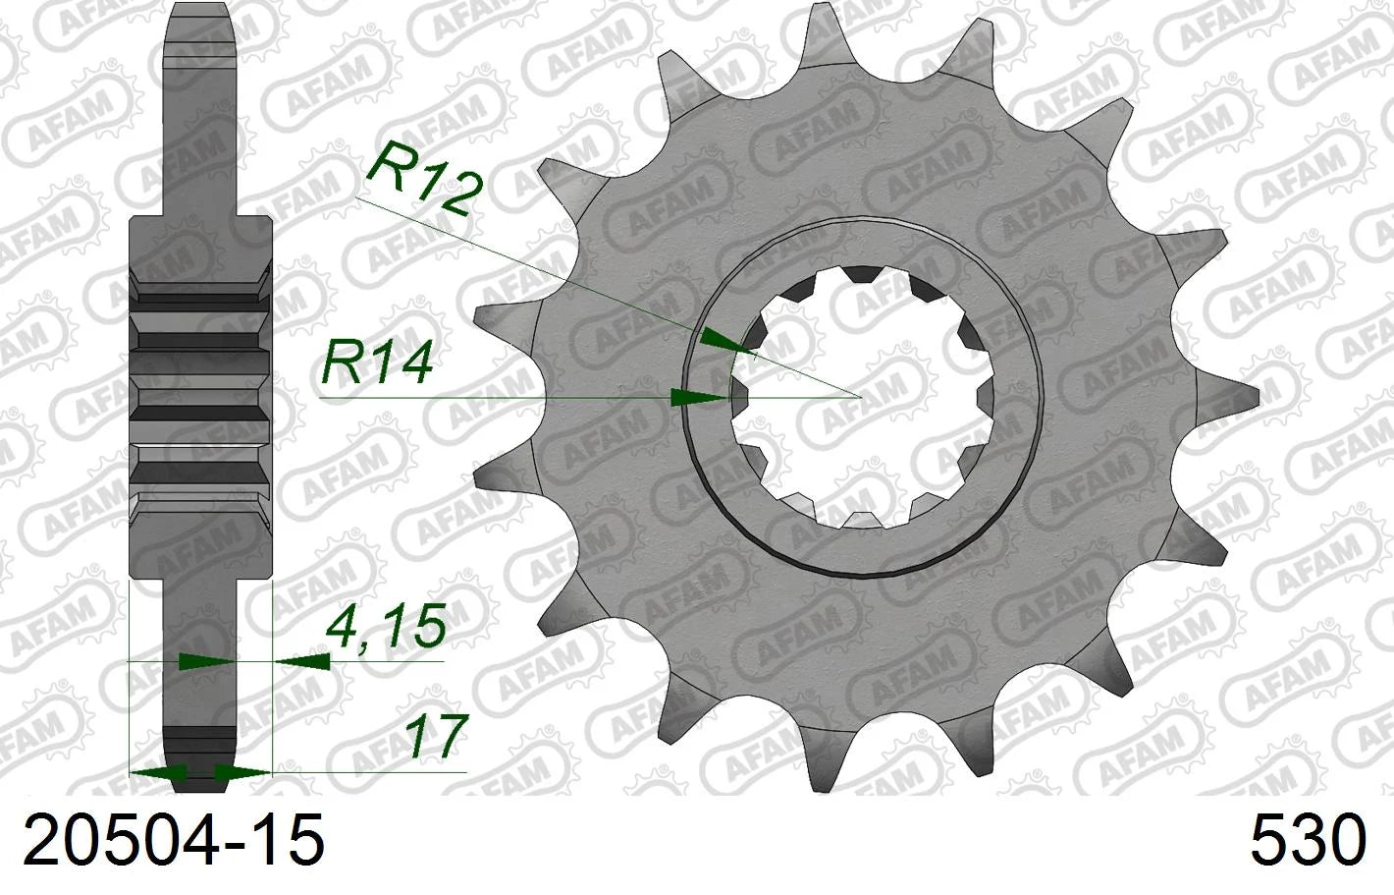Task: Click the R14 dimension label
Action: [377, 364]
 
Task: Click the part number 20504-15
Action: [173, 839]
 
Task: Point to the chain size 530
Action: [1309, 839]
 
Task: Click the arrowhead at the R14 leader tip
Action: [698, 397]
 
